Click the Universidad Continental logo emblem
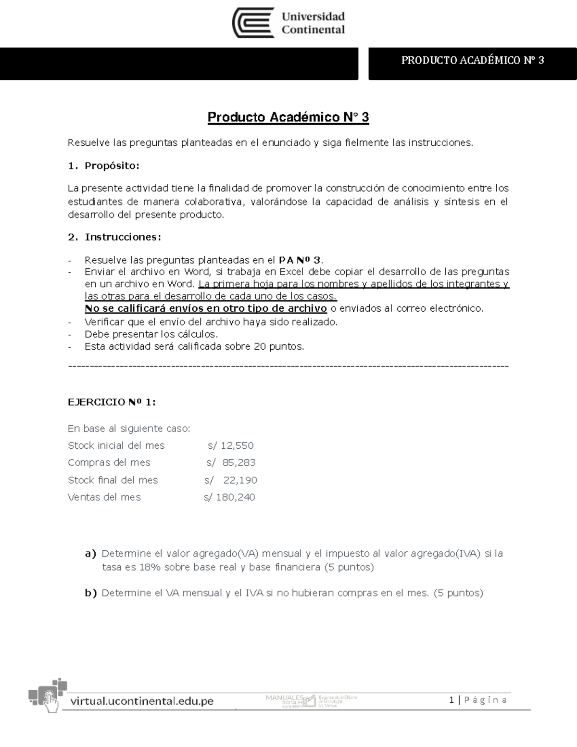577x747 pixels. coord(253,23)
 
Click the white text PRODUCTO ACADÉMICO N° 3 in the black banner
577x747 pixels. coord(472,60)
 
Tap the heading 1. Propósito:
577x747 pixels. coord(103,166)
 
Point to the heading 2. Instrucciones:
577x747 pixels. coord(114,237)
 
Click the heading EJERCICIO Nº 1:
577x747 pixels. coord(112,403)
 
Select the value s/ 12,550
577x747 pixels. coord(230,445)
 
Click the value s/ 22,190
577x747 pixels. coord(230,480)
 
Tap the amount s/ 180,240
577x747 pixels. coord(229,497)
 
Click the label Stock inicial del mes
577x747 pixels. coord(116,445)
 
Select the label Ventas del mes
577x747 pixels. coord(104,497)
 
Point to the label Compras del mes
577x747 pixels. coord(109,463)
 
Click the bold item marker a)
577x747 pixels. coord(90,554)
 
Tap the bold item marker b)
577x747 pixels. coord(90,593)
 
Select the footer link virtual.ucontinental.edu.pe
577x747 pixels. coord(142,701)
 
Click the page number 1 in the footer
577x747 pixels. coord(452,700)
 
